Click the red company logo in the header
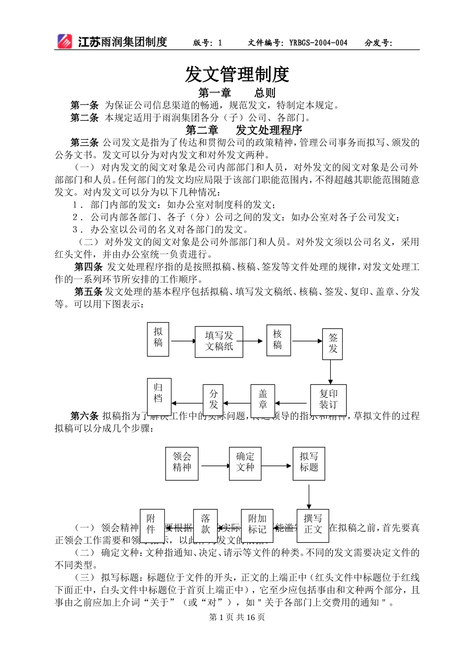click(x=64, y=41)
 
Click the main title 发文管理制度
click(x=237, y=74)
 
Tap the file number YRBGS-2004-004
click(x=318, y=43)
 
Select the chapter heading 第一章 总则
click(x=237, y=93)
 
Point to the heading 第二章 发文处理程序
click(x=244, y=130)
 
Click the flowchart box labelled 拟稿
click(x=158, y=339)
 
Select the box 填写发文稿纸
click(x=219, y=341)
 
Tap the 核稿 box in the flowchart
click(x=278, y=340)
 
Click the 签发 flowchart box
click(x=333, y=343)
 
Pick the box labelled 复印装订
click(x=328, y=399)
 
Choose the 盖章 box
click(x=263, y=400)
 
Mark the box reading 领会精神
click(x=182, y=463)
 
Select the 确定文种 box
click(x=245, y=463)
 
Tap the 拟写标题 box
click(x=309, y=463)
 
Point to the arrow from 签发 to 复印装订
click(x=330, y=371)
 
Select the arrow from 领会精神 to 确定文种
click(x=214, y=466)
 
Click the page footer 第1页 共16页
click(x=237, y=617)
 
